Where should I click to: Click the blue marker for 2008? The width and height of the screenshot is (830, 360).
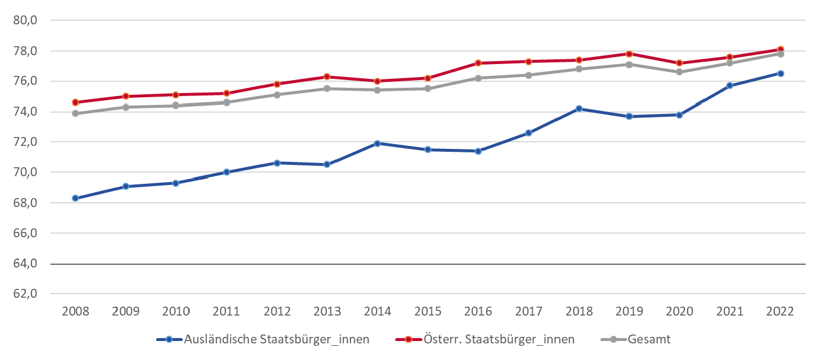point(75,198)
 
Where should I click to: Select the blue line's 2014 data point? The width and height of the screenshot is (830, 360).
point(377,144)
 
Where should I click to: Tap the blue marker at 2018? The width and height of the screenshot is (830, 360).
point(579,109)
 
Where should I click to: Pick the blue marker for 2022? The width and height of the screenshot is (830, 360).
point(781,74)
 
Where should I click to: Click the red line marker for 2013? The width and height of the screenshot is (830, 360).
point(327,77)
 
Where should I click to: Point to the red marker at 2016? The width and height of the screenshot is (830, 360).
point(478,63)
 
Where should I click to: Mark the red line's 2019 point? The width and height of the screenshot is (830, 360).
point(629,54)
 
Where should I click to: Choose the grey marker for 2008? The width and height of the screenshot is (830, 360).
point(75,113)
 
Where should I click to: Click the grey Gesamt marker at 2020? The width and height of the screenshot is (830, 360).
point(680,72)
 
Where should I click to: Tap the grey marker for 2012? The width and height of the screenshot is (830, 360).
point(276,94)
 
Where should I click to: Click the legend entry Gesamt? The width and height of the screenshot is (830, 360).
point(650,339)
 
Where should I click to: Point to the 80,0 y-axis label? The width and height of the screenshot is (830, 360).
point(26,20)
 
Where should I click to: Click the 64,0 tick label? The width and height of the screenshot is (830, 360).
point(26,263)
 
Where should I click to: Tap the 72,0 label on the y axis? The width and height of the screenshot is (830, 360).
point(26,142)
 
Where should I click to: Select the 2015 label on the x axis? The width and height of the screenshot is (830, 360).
point(428,311)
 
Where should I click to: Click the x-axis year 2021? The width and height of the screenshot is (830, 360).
point(730,311)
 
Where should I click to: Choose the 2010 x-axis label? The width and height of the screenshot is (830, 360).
point(176,311)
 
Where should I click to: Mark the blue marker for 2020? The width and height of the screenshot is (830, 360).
point(680,114)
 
